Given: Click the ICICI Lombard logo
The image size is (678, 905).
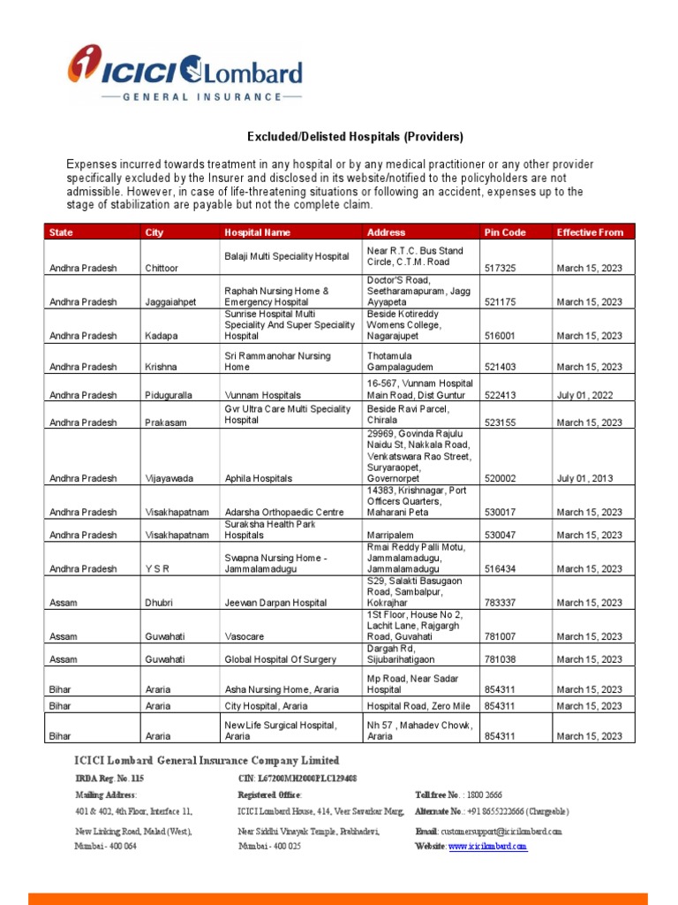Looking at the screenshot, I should click(185, 74).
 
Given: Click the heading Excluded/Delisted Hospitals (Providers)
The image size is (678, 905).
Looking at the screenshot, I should click(354, 137).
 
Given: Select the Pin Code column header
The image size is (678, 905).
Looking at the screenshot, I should click(505, 232).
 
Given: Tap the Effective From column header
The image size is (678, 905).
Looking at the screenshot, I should click(590, 232).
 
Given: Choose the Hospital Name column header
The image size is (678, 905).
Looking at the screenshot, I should click(257, 232).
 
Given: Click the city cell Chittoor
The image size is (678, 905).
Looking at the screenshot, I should click(162, 268).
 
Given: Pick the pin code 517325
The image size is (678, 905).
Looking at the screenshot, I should click(500, 268).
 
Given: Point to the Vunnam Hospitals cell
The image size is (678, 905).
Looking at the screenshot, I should click(262, 395).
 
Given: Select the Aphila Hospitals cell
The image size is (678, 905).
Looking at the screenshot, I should click(258, 478).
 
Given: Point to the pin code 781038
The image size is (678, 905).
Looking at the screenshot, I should click(500, 659).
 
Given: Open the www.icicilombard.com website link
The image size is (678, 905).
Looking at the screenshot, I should click(487, 847).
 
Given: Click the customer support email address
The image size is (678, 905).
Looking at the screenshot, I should click(500, 832).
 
